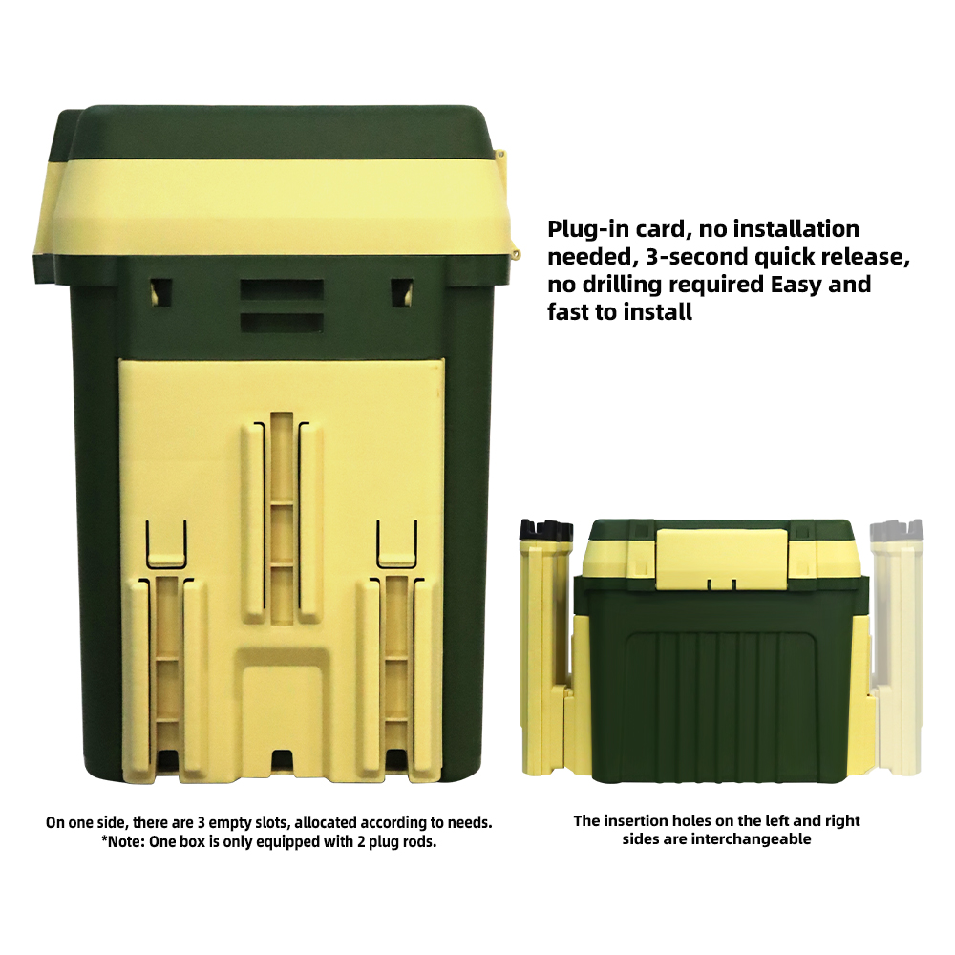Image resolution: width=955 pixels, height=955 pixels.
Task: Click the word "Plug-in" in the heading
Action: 587,229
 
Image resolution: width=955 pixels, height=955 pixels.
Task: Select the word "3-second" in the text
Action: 697,257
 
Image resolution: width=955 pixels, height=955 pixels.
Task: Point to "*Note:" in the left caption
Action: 122,842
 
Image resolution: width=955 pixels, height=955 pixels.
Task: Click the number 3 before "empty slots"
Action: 201,823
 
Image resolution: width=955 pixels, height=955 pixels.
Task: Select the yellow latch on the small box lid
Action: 721,559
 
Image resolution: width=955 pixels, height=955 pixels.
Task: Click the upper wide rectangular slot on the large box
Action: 282,290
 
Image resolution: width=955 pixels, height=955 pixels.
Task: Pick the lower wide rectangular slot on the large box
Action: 282,323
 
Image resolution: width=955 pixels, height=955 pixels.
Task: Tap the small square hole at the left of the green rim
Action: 160,291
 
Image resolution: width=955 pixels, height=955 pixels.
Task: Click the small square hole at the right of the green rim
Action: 401,291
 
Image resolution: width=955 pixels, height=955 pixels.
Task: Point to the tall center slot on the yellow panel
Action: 282,519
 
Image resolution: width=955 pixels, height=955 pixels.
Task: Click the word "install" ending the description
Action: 661,312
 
